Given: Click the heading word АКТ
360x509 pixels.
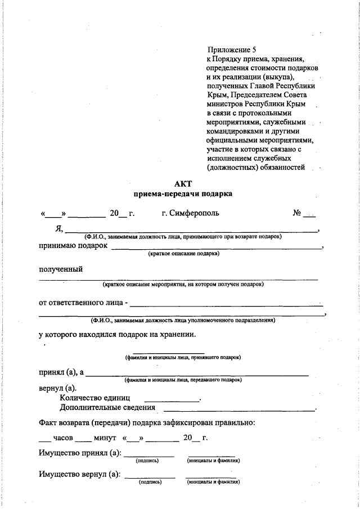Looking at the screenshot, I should (183, 183).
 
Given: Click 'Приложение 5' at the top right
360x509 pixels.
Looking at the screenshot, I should (232, 49).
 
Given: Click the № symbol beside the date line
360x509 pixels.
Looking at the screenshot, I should (298, 213).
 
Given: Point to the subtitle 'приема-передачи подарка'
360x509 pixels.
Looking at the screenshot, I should (183, 194).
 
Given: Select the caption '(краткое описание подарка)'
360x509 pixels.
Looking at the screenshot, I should (183, 254).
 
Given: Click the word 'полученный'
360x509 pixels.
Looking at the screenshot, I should (61, 269).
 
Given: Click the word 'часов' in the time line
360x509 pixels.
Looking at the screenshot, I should (64, 438).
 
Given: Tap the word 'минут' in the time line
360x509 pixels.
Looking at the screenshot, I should (105, 438).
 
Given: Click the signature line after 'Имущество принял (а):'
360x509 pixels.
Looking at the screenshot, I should (148, 456).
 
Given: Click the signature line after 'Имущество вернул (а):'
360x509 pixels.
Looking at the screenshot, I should (150, 478).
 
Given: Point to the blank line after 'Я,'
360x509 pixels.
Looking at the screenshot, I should (191, 231).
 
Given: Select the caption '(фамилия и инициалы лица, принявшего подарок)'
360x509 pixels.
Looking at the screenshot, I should (183, 358).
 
